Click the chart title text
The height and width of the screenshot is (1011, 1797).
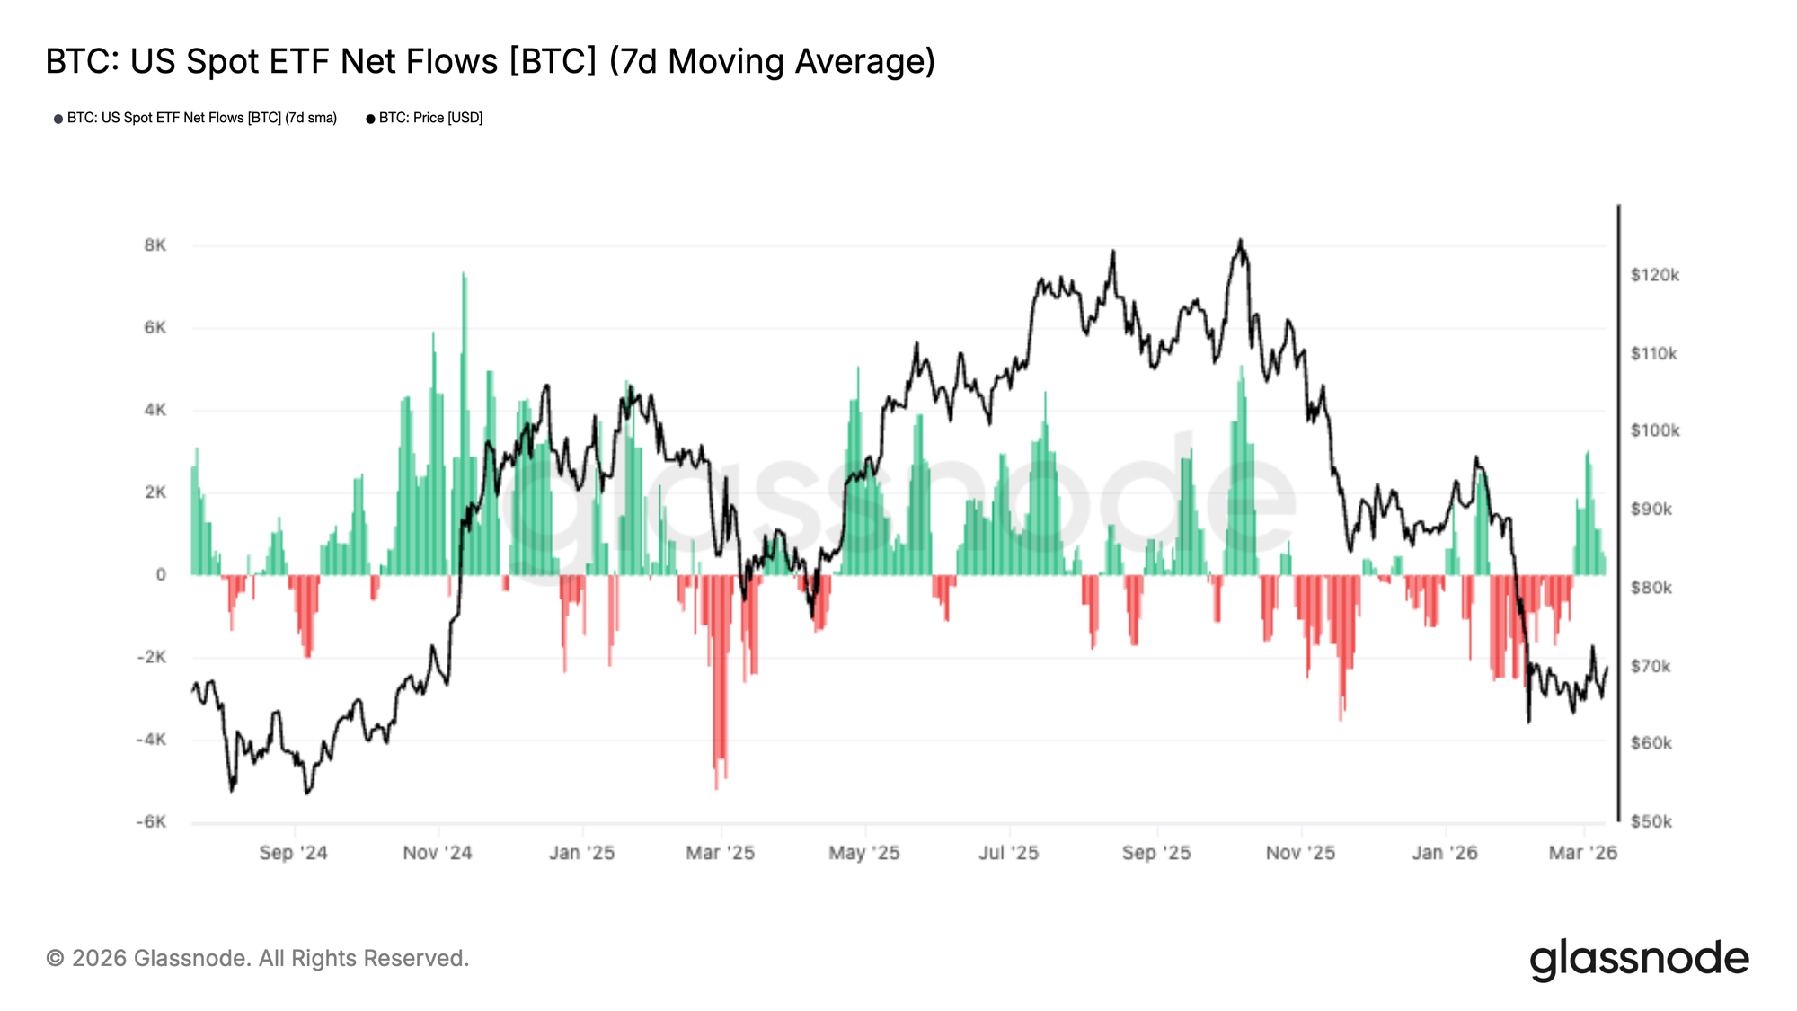(x=491, y=61)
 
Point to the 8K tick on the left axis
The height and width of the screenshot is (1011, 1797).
(x=155, y=245)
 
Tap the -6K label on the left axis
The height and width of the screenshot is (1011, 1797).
(x=151, y=821)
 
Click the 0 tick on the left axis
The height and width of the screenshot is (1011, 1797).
(x=161, y=574)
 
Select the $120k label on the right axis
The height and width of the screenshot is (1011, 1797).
(x=1654, y=275)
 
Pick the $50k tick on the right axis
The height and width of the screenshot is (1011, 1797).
(x=1651, y=821)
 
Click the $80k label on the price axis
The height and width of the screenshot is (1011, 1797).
(x=1651, y=588)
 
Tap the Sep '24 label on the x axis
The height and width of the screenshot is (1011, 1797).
(x=293, y=852)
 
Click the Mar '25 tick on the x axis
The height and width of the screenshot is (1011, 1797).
(x=720, y=852)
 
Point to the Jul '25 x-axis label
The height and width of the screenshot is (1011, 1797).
(x=1008, y=852)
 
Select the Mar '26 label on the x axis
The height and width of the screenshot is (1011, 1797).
(x=1582, y=852)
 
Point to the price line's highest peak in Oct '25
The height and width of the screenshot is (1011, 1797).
(x=1240, y=241)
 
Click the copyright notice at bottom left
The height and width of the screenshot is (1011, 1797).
(x=257, y=958)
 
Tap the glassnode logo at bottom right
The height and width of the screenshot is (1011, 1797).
(x=1639, y=959)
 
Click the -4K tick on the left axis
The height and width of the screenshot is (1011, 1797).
(x=151, y=740)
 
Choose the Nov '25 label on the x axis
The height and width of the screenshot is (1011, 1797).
(x=1300, y=852)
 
